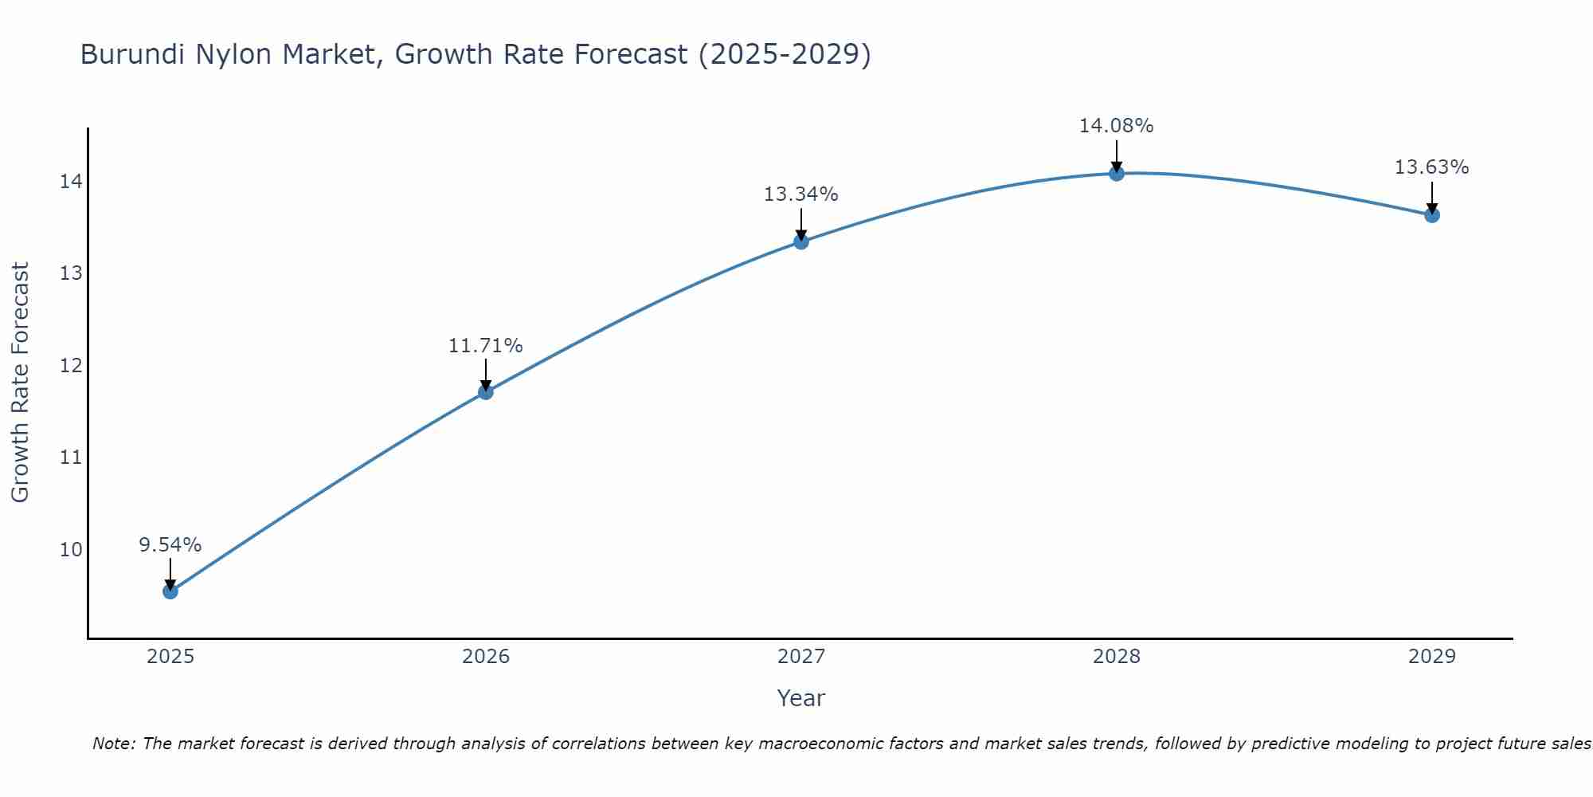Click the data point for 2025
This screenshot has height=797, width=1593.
click(170, 591)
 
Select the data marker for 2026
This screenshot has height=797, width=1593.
click(486, 392)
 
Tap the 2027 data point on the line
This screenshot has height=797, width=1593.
click(801, 241)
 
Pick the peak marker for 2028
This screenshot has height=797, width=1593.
click(1117, 173)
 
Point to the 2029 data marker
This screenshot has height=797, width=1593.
click(1432, 214)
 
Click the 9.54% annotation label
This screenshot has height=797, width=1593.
click(170, 545)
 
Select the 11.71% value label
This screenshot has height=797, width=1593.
click(486, 346)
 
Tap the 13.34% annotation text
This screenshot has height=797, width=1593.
click(801, 194)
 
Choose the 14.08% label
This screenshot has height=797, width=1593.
click(1117, 126)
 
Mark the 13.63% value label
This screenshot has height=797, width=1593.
click(1432, 167)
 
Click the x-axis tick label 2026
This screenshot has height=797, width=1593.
click(486, 657)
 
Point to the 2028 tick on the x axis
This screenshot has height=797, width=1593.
click(1117, 657)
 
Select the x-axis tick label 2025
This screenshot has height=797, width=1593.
click(170, 657)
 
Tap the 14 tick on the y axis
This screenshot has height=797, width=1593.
click(70, 182)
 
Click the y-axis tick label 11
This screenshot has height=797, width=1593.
click(70, 457)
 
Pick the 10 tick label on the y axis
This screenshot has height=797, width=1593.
click(70, 550)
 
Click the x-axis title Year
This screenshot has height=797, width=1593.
click(801, 698)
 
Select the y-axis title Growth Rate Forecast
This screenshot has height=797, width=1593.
click(21, 383)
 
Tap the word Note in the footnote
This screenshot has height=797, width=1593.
click(114, 744)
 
